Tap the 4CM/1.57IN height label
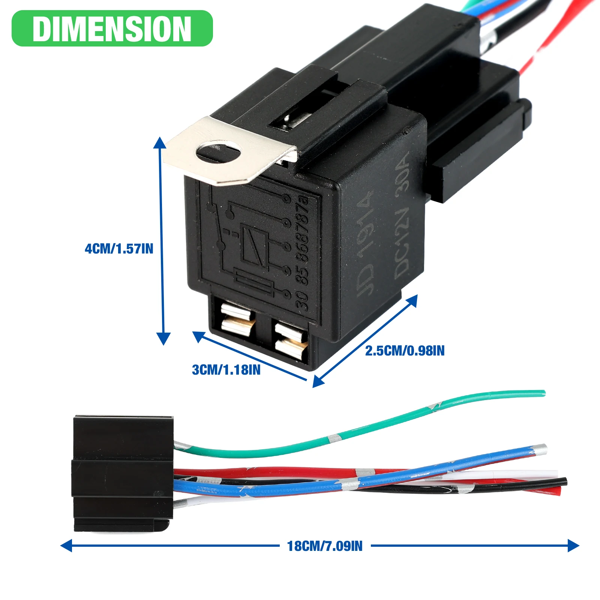[119, 249]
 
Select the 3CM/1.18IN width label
[226, 370]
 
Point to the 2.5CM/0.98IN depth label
[405, 351]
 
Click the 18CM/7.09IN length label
[325, 546]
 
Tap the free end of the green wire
[542, 393]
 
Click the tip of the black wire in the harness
[564, 482]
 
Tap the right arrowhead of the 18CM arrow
[574, 546]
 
